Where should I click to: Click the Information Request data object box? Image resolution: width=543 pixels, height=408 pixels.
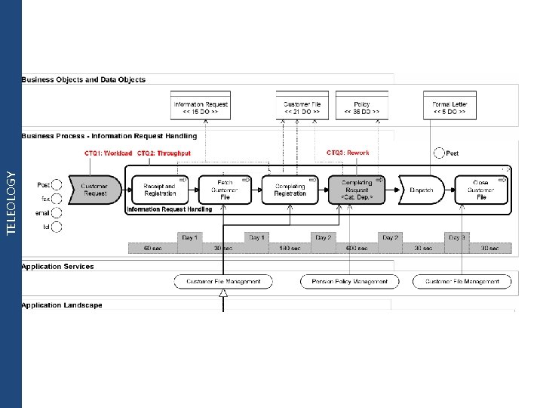[x=201, y=107]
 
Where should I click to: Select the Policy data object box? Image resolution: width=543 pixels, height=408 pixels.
[x=362, y=107]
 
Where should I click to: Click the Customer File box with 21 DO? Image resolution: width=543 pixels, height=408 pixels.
[x=302, y=107]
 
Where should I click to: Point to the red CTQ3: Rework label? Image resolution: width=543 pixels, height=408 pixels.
[x=348, y=153]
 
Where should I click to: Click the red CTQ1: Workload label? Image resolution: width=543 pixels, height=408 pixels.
[x=108, y=153]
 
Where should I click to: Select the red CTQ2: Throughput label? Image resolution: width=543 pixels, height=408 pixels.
[x=164, y=153]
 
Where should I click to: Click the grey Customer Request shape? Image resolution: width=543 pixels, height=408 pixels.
[x=94, y=190]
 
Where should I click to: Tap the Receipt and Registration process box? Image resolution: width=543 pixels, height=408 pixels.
[x=158, y=190]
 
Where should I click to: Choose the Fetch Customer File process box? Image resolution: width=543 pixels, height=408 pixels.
[x=225, y=190]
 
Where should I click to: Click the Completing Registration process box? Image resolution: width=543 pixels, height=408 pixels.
[x=290, y=190]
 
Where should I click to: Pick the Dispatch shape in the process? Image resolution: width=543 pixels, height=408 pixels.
[x=421, y=190]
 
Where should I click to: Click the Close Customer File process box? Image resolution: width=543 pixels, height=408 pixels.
[x=481, y=190]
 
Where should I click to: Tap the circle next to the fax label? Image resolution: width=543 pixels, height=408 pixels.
[x=57, y=199]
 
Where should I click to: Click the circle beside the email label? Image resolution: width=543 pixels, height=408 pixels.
[x=57, y=212]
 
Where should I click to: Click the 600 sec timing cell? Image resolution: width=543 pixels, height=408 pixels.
[x=356, y=248]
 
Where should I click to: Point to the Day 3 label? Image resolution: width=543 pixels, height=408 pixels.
[x=456, y=237]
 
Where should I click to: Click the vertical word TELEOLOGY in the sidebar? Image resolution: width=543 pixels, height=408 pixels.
[x=11, y=202]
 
